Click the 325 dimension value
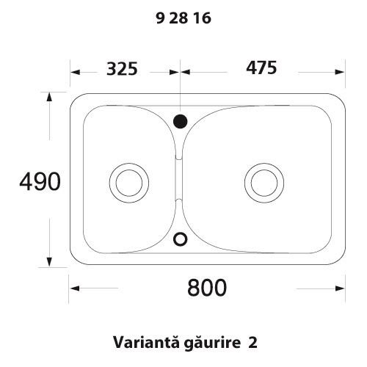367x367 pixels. point(122,69)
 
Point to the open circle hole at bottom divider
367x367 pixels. point(181,238)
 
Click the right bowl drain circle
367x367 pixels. point(264,180)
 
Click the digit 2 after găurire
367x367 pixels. point(253,342)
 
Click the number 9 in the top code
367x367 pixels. point(161,21)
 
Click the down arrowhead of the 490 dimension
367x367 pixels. point(49,264)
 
